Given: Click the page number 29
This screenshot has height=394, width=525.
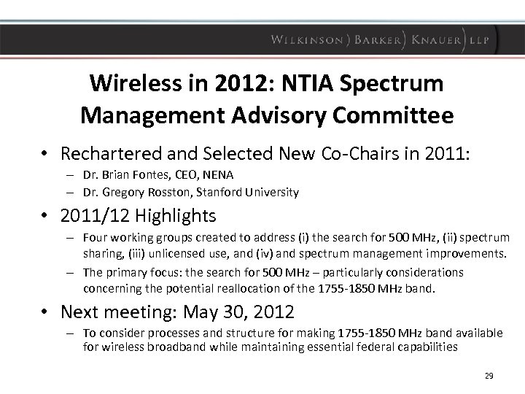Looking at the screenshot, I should pyautogui.click(x=489, y=376).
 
